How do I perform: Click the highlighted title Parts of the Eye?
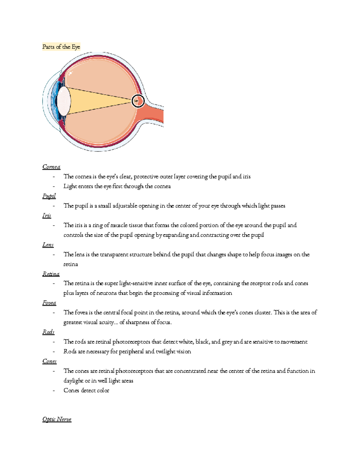tap(61, 47)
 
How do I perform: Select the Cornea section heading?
tap(51, 167)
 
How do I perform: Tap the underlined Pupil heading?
tap(49, 196)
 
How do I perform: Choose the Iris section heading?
tap(47, 215)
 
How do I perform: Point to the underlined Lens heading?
tap(48, 245)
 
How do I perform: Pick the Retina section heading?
tap(51, 274)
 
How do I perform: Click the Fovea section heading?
tap(49, 303)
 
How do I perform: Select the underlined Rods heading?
tap(48, 332)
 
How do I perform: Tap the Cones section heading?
tap(49, 361)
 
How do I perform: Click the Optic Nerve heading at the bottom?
tap(57, 419)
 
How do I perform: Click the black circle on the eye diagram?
tap(138, 101)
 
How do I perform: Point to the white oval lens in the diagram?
tap(64, 101)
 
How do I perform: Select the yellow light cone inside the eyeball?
tap(96, 101)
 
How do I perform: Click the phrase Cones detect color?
tap(86, 390)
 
